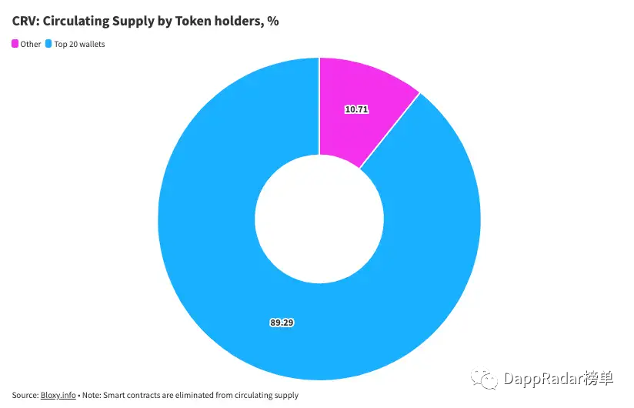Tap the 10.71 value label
(356, 109)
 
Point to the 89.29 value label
(282, 323)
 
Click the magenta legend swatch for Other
(15, 45)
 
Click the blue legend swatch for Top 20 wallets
(48, 45)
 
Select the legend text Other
(31, 45)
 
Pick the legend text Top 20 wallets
(79, 45)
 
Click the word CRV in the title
(25, 22)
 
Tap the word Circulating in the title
(79, 22)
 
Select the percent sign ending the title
(273, 22)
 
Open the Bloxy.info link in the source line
(58, 395)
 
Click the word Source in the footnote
(25, 395)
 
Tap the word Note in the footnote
(93, 395)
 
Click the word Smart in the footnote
(118, 395)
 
